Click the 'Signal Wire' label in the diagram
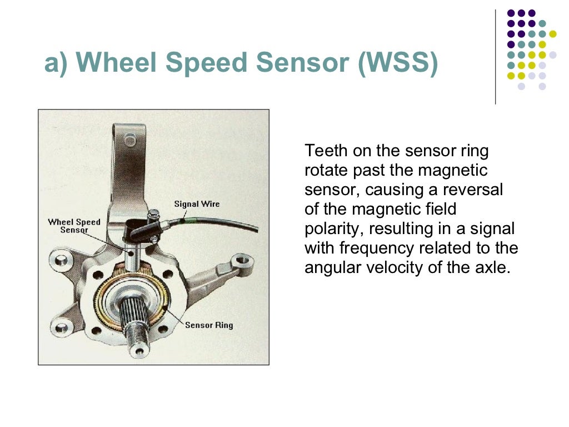197,204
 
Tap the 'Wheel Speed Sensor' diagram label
74,226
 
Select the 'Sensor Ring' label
209,325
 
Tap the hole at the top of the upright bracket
130,139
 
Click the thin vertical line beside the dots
495,56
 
